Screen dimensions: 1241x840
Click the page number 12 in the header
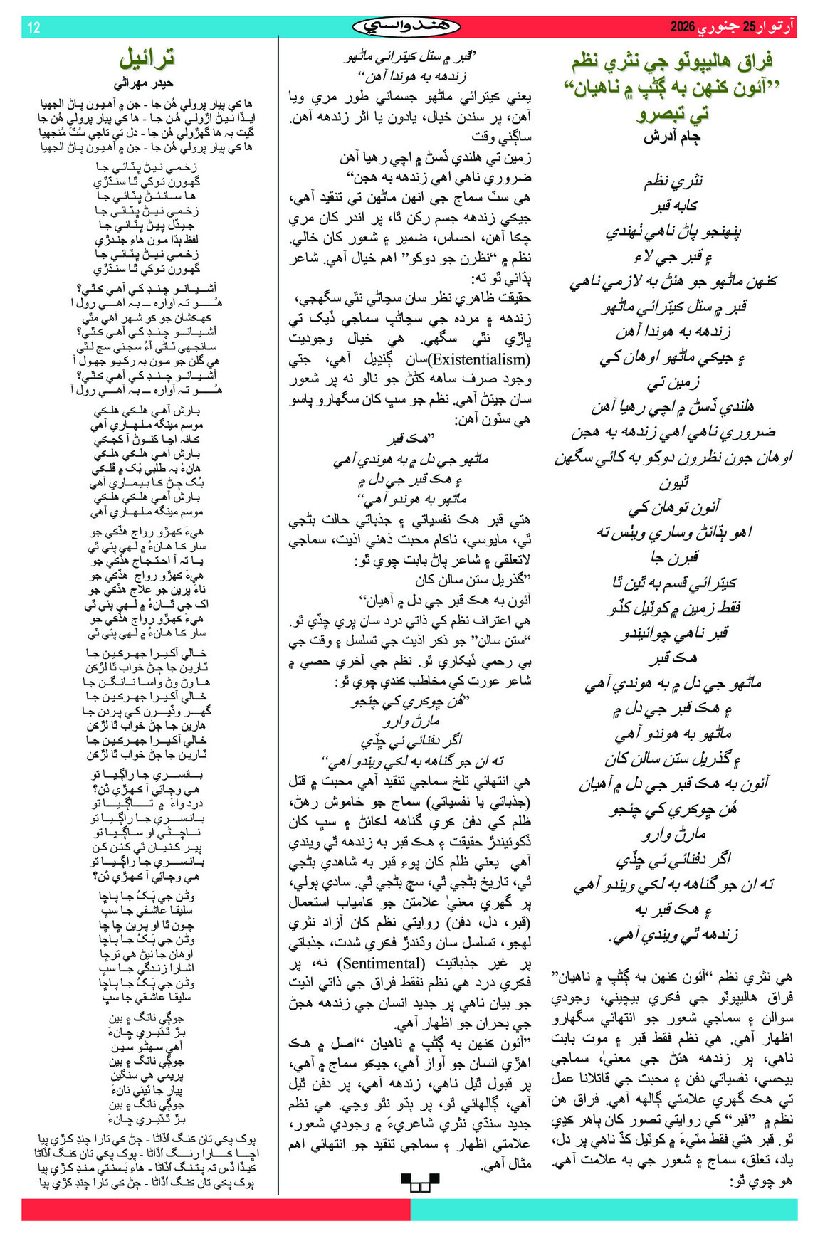pyautogui.click(x=33, y=28)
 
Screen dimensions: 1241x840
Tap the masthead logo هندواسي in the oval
pyautogui.click(x=406, y=27)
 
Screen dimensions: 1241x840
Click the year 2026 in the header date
pyautogui.click(x=686, y=28)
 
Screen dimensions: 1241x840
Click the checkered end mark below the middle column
pyautogui.click(x=420, y=1183)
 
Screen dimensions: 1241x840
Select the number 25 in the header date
pyautogui.click(x=749, y=28)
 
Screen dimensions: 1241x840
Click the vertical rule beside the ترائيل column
pyautogui.click(x=278, y=612)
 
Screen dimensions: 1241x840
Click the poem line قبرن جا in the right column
pyautogui.click(x=673, y=556)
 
